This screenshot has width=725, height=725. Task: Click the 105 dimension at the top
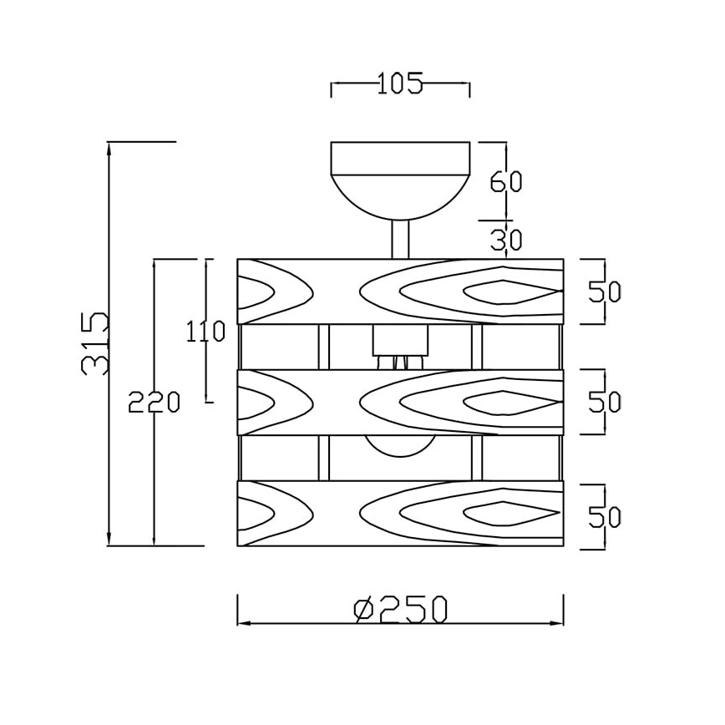(400, 84)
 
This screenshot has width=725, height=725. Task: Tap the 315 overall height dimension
(95, 343)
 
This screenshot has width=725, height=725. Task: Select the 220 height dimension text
(155, 403)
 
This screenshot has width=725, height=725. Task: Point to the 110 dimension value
(205, 332)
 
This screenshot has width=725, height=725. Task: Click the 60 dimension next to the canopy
(505, 182)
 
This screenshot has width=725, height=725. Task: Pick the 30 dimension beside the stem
(505, 241)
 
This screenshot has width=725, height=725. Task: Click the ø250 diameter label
(400, 610)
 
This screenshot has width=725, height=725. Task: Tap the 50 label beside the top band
(605, 292)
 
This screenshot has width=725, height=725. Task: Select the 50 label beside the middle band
(605, 402)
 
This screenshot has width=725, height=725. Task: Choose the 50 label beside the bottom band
(605, 517)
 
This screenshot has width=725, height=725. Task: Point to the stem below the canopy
(400, 238)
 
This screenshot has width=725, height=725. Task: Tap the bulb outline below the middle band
(400, 445)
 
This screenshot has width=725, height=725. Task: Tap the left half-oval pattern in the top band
(255, 292)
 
